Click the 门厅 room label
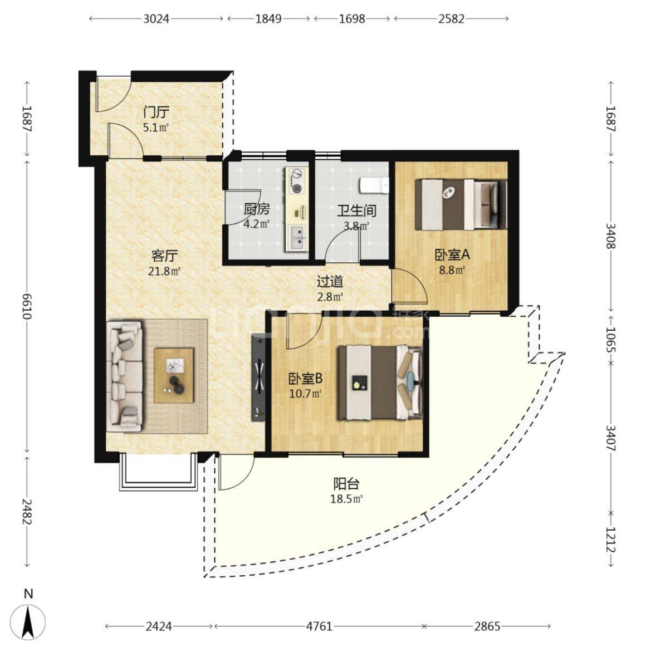tap(156, 112)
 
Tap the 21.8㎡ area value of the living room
tap(164, 272)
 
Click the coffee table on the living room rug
tap(174, 375)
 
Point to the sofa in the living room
tap(124, 376)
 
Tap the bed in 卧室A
tap(461, 204)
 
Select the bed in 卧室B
tap(380, 383)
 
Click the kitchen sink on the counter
tap(297, 237)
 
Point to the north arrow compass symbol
tap(28, 622)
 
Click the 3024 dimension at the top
tap(156, 19)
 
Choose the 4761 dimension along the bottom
tap(319, 626)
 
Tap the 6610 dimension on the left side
tap(27, 306)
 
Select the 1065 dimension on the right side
tap(610, 339)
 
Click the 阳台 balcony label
tap(346, 484)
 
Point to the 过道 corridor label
tap(330, 282)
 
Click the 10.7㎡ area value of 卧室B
tap(306, 393)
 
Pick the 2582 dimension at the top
tap(451, 19)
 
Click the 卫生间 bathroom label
tap(356, 210)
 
